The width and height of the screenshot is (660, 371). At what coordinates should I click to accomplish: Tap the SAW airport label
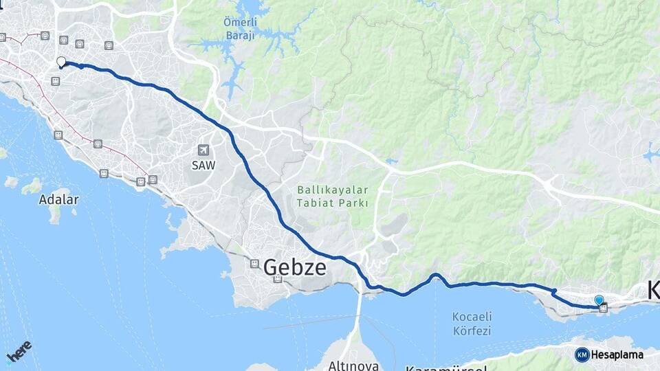click(202, 165)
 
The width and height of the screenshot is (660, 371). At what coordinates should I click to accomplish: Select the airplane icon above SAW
click(202, 150)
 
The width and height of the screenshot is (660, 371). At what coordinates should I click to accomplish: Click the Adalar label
click(58, 200)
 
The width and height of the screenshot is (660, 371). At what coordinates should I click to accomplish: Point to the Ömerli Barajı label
click(239, 27)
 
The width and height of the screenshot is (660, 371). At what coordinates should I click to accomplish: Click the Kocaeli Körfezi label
click(472, 324)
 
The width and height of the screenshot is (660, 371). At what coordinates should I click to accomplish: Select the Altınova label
click(354, 364)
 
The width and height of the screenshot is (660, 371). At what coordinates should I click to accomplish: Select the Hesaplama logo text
click(617, 355)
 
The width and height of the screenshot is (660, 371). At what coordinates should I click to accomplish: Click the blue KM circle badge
click(582, 355)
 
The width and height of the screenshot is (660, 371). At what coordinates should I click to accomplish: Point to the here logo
click(19, 351)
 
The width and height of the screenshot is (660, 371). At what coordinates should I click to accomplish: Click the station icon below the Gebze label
click(277, 279)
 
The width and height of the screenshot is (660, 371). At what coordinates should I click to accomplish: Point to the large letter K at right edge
click(653, 291)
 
